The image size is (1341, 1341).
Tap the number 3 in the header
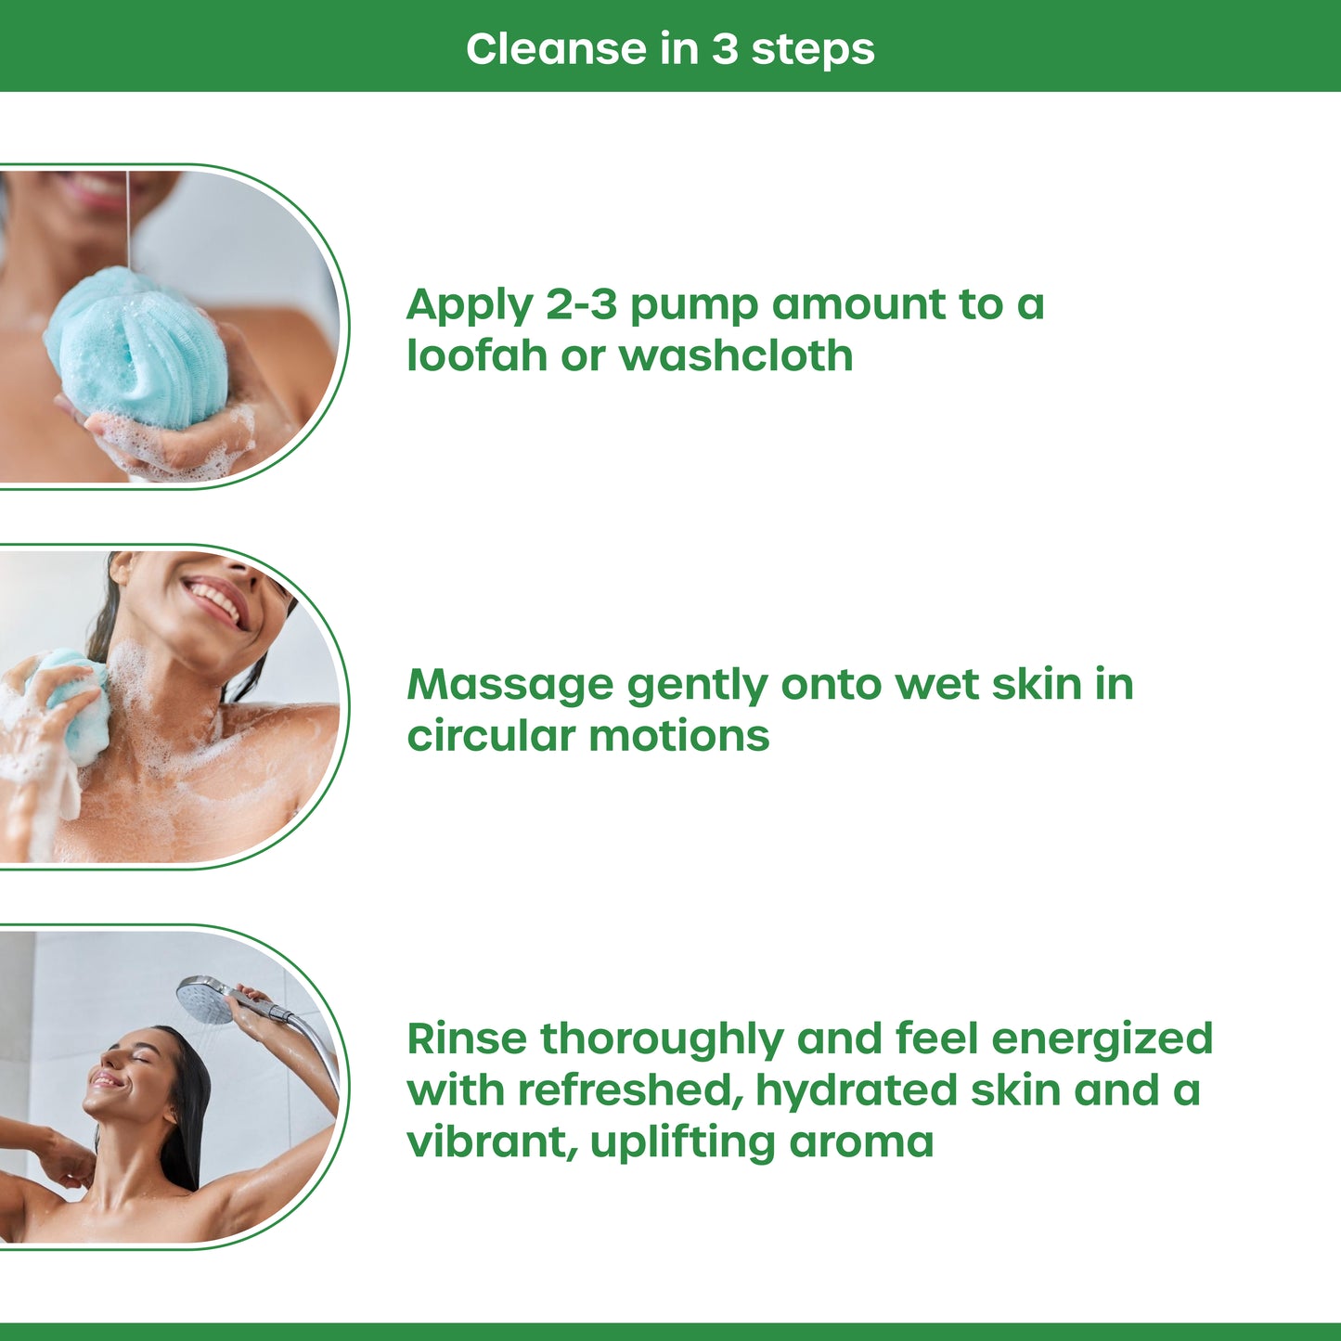pos(724,48)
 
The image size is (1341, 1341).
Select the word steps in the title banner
pos(812,48)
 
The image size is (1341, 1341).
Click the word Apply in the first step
pos(470,306)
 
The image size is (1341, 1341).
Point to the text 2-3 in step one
pos(581,304)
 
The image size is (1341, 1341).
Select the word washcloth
pos(735,355)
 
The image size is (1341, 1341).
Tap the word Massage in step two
pos(509,686)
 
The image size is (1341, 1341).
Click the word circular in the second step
pos(491,736)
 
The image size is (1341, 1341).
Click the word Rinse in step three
pos(466,1038)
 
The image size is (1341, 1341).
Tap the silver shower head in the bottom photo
pos(205,1000)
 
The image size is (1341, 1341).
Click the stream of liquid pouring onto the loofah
pos(128,218)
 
